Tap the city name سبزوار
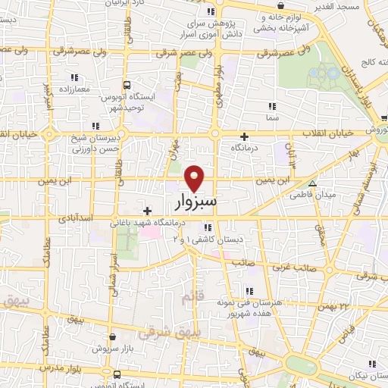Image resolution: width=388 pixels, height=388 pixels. (x=195, y=202)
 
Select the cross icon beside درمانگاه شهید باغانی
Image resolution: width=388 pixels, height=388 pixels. (x=147, y=210)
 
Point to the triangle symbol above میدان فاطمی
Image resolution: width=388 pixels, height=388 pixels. (x=312, y=184)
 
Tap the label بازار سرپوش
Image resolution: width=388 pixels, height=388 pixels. (x=112, y=348)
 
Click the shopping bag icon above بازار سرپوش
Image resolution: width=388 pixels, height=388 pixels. (x=112, y=336)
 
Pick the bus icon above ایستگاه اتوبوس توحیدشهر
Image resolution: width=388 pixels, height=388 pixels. (x=126, y=85)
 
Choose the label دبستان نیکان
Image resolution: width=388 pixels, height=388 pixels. (x=367, y=375)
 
